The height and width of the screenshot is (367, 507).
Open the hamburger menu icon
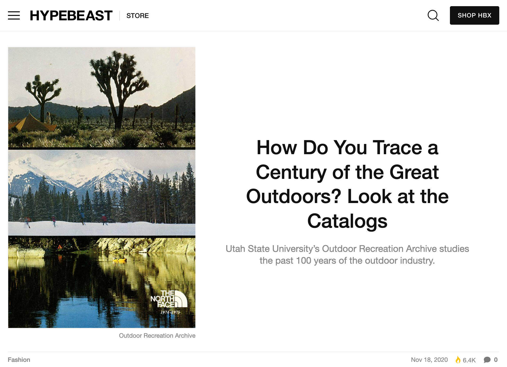click(x=14, y=15)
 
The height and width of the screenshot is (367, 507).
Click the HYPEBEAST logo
click(x=71, y=15)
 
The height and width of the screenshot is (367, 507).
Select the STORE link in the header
click(x=138, y=16)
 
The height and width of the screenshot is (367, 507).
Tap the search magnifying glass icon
click(x=433, y=15)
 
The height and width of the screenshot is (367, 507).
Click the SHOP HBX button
click(x=475, y=15)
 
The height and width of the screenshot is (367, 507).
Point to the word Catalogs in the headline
click(x=347, y=221)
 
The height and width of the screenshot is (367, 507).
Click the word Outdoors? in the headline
click(x=294, y=196)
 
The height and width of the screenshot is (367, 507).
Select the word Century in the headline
click(x=291, y=172)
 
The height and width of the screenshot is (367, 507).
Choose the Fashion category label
click(x=19, y=360)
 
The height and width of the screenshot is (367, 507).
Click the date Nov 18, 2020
click(x=429, y=360)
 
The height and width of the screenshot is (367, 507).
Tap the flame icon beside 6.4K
click(x=458, y=360)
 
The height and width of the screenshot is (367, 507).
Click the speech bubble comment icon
click(x=487, y=360)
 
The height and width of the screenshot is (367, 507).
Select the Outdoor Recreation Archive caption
click(x=157, y=336)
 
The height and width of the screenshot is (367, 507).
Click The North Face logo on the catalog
click(x=169, y=299)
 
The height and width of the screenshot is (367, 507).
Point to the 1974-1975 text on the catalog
click(x=170, y=312)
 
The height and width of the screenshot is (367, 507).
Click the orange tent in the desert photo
click(x=32, y=122)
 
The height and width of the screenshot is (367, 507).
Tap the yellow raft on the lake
click(x=119, y=260)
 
